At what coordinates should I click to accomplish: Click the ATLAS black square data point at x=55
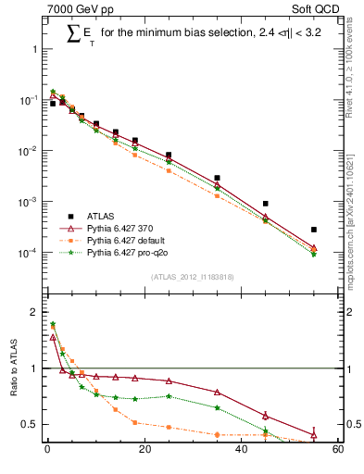[314, 230]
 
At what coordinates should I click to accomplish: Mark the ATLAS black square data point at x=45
[266, 204]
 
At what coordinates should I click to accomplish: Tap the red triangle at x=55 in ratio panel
[314, 435]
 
